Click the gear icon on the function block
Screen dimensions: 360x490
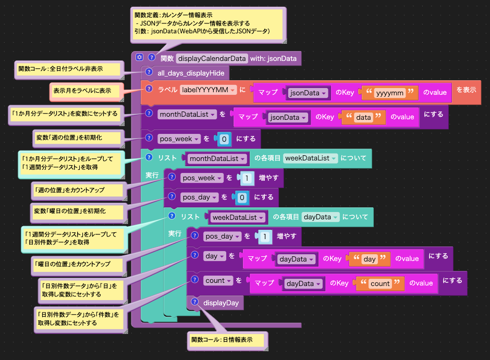pos(139,58)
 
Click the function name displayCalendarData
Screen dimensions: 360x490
pos(212,58)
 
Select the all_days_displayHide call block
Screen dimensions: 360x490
pos(191,73)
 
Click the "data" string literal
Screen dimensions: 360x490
pos(363,117)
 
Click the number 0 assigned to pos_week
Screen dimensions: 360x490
pos(224,139)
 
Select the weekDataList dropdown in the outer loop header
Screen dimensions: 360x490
pos(311,158)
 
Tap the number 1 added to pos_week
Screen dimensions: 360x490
pos(247,178)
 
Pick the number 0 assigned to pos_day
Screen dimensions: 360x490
pos(242,197)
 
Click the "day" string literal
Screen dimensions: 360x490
pos(369,258)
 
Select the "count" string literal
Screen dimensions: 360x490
pos(380,283)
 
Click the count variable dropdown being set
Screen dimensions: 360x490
pos(217,281)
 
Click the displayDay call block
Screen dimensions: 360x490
pos(221,302)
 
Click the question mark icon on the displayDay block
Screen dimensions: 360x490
pos(194,302)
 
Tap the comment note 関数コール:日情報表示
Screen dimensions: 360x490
pos(225,340)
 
